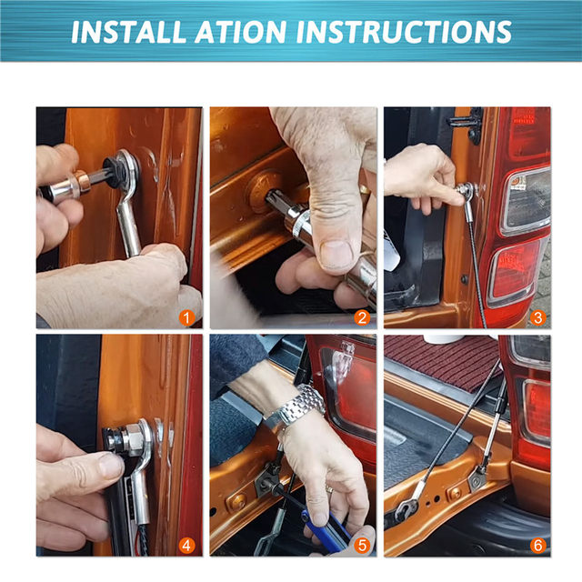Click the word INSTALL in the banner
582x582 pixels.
tap(128, 32)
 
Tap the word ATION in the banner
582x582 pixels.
tap(240, 32)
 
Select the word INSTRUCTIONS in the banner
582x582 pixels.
tap(404, 32)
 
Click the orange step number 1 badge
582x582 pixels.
tap(186, 318)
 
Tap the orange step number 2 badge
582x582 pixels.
tap(362, 318)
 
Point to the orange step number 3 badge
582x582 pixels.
tap(537, 318)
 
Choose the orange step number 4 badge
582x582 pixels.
tap(186, 546)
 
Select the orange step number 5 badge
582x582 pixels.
tap(362, 546)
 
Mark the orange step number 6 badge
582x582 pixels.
tap(537, 546)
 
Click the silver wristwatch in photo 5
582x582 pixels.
tap(297, 406)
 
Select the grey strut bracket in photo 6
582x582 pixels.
tap(478, 478)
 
